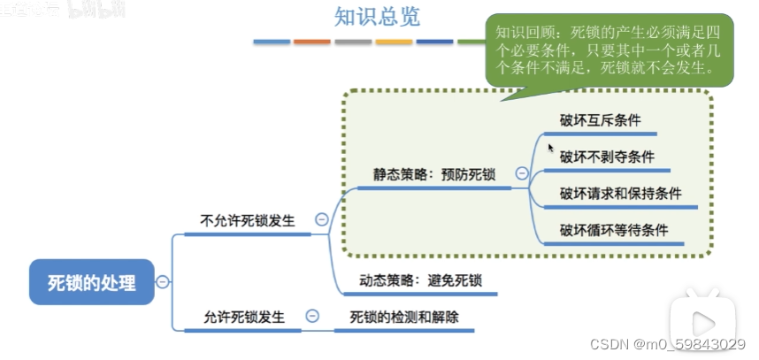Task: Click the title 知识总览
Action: point(364,17)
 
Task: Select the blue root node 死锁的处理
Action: point(92,283)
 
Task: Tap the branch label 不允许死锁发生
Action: point(248,220)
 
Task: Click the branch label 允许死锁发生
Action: point(244,317)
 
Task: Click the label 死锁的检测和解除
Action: point(404,317)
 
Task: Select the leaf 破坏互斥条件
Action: point(600,121)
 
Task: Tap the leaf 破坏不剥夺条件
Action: point(607,157)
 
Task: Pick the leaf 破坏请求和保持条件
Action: point(620,194)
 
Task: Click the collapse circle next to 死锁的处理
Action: point(163,283)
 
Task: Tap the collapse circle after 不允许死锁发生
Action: point(321,220)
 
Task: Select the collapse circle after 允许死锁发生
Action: point(312,316)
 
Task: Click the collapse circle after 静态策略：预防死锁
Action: point(522,174)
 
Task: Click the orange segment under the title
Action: point(312,42)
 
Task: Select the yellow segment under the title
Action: point(394,42)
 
